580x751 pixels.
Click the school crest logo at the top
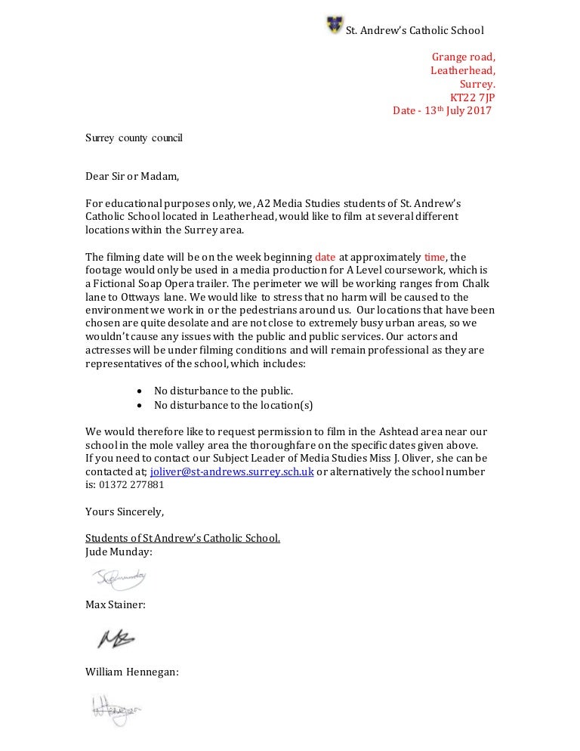click(x=334, y=25)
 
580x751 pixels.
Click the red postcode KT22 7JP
click(x=473, y=97)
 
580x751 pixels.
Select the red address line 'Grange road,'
click(x=463, y=57)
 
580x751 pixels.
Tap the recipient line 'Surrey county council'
click(x=134, y=138)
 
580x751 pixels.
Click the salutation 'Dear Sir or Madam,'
click(x=133, y=178)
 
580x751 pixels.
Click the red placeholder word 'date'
click(x=325, y=257)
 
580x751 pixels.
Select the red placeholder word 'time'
click(x=436, y=257)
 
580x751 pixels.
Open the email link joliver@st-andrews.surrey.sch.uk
click(x=232, y=471)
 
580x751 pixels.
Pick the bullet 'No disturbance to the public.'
click(x=224, y=391)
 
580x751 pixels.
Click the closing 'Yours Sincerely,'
click(x=124, y=511)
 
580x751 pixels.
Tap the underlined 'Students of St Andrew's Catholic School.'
click(x=183, y=539)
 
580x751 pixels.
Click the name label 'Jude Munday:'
click(x=119, y=552)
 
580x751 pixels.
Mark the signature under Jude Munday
click(x=119, y=579)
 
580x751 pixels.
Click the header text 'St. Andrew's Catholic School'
click(x=414, y=30)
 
